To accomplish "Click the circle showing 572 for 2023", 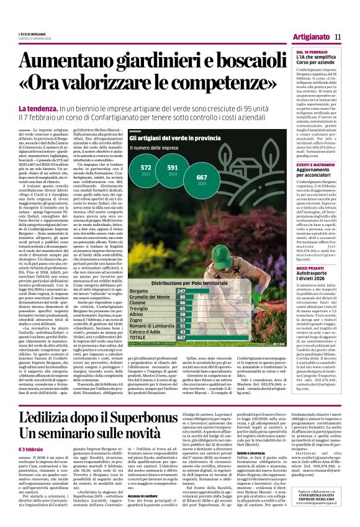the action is (146, 171).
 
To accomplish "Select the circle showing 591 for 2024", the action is (173, 171).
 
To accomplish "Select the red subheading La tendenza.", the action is (38, 109).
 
